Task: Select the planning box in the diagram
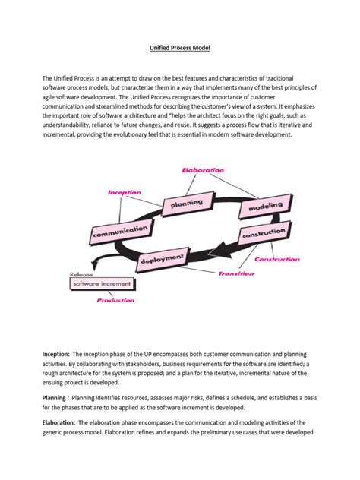tap(186, 203)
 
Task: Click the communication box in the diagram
tap(120, 231)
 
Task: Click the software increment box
tap(103, 284)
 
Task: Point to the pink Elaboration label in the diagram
tap(202, 171)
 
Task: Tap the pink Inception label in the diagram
tap(125, 192)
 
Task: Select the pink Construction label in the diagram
tap(276, 260)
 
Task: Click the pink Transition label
tap(235, 273)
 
